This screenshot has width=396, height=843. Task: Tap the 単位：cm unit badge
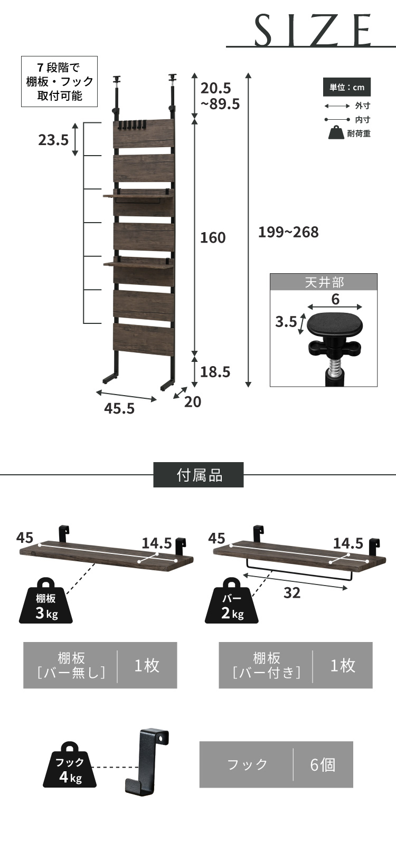(347, 87)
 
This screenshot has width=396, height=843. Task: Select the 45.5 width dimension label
(119, 408)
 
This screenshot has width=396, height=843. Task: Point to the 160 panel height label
(213, 237)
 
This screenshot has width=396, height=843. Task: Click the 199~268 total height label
(288, 232)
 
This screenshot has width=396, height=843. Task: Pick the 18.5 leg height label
(215, 372)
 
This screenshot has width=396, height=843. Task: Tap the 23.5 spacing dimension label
(53, 140)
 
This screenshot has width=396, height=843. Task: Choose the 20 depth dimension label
(193, 401)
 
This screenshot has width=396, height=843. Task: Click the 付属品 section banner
(199, 475)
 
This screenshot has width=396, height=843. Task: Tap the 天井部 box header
(324, 282)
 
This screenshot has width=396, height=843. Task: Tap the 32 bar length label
(292, 592)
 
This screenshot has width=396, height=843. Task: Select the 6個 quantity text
(323, 764)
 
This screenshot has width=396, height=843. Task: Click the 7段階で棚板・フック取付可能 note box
(59, 82)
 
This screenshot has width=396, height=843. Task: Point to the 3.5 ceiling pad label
(286, 321)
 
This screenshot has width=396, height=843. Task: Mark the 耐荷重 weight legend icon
(336, 133)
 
